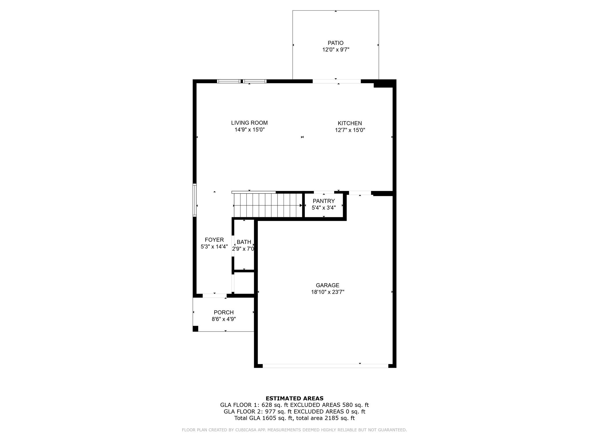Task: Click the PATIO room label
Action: [x=336, y=43]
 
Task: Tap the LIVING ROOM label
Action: [x=249, y=123]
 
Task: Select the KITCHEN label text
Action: [x=350, y=123]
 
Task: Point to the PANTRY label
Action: [x=324, y=201]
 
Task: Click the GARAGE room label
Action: [x=328, y=285]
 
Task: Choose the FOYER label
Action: [x=214, y=240]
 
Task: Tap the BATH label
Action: [x=244, y=242]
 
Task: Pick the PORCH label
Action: [x=224, y=312]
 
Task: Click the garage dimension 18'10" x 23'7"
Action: [x=328, y=292]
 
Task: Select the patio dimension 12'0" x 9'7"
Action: [x=336, y=50]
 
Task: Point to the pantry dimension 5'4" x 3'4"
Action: [x=324, y=207]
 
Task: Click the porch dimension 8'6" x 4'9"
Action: [x=224, y=319]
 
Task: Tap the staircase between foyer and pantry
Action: [x=268, y=205]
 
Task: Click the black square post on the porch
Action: [x=195, y=329]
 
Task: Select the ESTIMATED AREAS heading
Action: [x=294, y=399]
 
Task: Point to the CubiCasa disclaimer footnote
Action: [x=294, y=430]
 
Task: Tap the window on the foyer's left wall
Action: [x=195, y=200]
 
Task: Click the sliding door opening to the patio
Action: [x=336, y=81]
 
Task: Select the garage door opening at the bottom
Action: [x=326, y=366]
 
